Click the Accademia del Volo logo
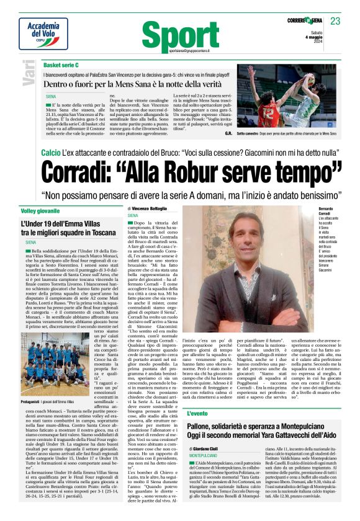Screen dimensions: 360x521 (43, 32)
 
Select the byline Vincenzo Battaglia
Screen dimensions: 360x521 (150, 209)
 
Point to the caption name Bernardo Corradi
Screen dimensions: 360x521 (330, 212)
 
